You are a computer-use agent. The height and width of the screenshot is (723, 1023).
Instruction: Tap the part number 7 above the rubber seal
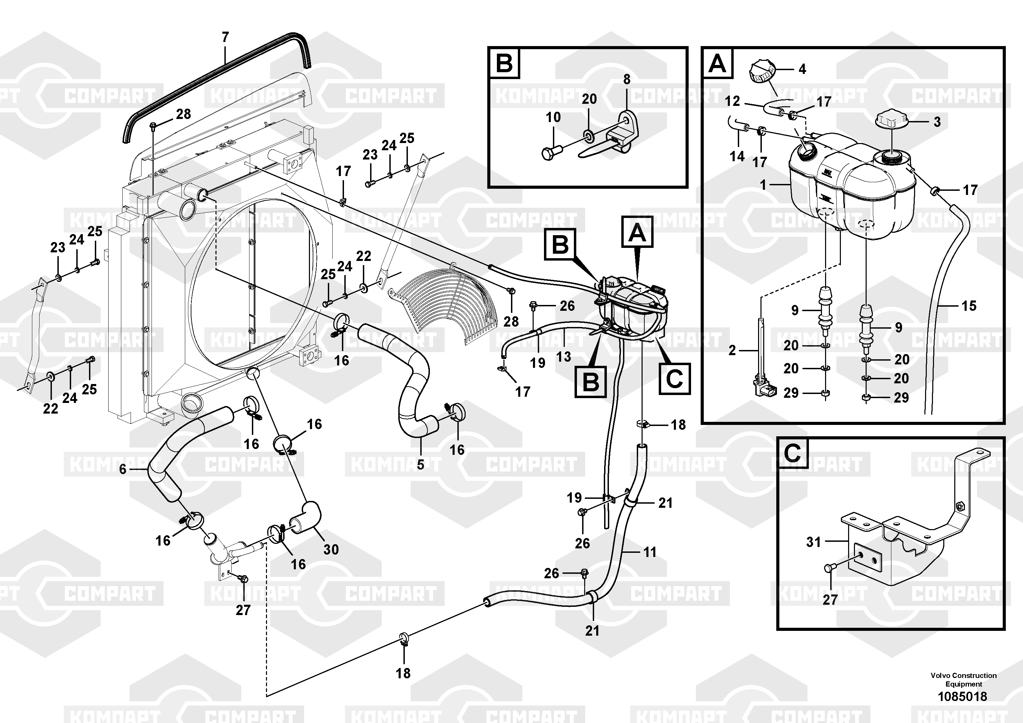pyautogui.click(x=225, y=37)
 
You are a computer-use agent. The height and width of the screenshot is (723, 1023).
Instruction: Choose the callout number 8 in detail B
pyautogui.click(x=627, y=79)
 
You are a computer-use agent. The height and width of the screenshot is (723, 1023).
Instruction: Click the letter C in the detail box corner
pyautogui.click(x=792, y=454)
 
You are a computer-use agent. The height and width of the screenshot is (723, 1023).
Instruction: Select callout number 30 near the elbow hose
pyautogui.click(x=331, y=550)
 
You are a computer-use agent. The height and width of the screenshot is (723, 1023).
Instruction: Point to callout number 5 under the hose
pyautogui.click(x=421, y=465)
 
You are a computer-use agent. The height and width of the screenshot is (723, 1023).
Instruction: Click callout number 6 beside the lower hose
pyautogui.click(x=123, y=469)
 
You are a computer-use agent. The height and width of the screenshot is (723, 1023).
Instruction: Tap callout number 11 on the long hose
pyautogui.click(x=650, y=552)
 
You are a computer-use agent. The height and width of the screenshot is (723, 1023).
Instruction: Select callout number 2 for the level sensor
pyautogui.click(x=732, y=350)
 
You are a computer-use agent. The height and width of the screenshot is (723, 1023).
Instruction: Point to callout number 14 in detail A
pyautogui.click(x=737, y=156)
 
